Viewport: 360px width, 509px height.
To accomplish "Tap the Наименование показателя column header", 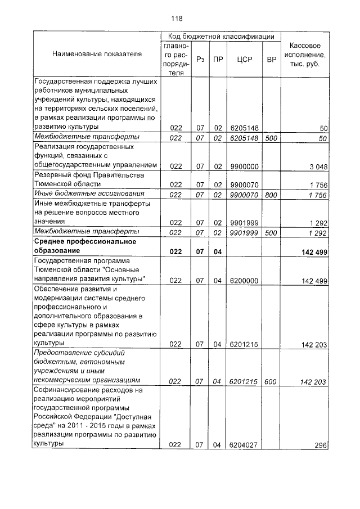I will (97, 55).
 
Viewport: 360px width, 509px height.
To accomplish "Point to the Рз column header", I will (200, 59).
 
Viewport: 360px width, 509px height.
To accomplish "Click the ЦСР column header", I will (244, 59).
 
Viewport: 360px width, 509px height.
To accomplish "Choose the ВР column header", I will (271, 59).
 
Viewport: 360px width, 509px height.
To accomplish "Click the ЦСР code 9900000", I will (244, 166).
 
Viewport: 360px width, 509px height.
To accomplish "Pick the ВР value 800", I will (271, 195).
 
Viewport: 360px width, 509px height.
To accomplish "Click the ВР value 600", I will (271, 381).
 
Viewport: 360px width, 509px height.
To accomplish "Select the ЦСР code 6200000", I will (244, 280).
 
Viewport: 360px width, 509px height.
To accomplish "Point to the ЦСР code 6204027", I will (244, 445).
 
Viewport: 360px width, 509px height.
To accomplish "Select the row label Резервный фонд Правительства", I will (89, 175).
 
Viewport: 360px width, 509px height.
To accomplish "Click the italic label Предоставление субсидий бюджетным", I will (79, 353).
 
